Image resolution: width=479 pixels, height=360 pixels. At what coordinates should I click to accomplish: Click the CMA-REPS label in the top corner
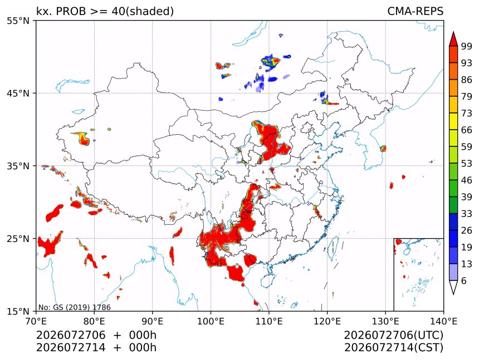pos(415,11)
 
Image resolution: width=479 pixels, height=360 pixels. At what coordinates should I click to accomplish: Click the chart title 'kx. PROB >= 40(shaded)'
pos(105,11)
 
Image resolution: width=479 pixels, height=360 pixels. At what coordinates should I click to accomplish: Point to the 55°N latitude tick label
pos(18,21)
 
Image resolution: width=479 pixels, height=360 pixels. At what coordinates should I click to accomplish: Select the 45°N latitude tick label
pos(18,93)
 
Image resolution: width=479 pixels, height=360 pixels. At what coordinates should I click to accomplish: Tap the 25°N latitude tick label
pos(18,238)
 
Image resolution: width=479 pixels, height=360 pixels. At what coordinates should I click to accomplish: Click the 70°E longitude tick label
pos(36,321)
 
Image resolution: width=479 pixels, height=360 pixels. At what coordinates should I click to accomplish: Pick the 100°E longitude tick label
pos(211,321)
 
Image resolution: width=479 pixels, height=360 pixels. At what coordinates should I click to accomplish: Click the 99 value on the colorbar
pos(467,46)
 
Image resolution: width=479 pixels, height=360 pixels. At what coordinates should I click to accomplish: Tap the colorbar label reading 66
pos(467,130)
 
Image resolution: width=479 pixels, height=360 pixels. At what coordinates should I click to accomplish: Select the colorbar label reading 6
pos(464,280)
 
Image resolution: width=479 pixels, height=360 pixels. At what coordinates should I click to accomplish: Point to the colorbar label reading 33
pos(467,214)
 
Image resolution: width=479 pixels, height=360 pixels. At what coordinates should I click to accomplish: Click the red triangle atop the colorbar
pos(453,40)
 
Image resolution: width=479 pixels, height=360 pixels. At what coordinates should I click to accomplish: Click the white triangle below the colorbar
pos(453,287)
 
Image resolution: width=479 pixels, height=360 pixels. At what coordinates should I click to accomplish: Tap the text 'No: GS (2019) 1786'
pos(75,307)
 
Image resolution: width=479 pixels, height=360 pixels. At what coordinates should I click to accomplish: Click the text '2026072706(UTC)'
pos(394,335)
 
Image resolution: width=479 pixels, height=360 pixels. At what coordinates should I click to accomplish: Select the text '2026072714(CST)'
pos(394,348)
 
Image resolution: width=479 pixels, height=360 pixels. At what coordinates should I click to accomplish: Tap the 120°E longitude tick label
pos(327,321)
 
